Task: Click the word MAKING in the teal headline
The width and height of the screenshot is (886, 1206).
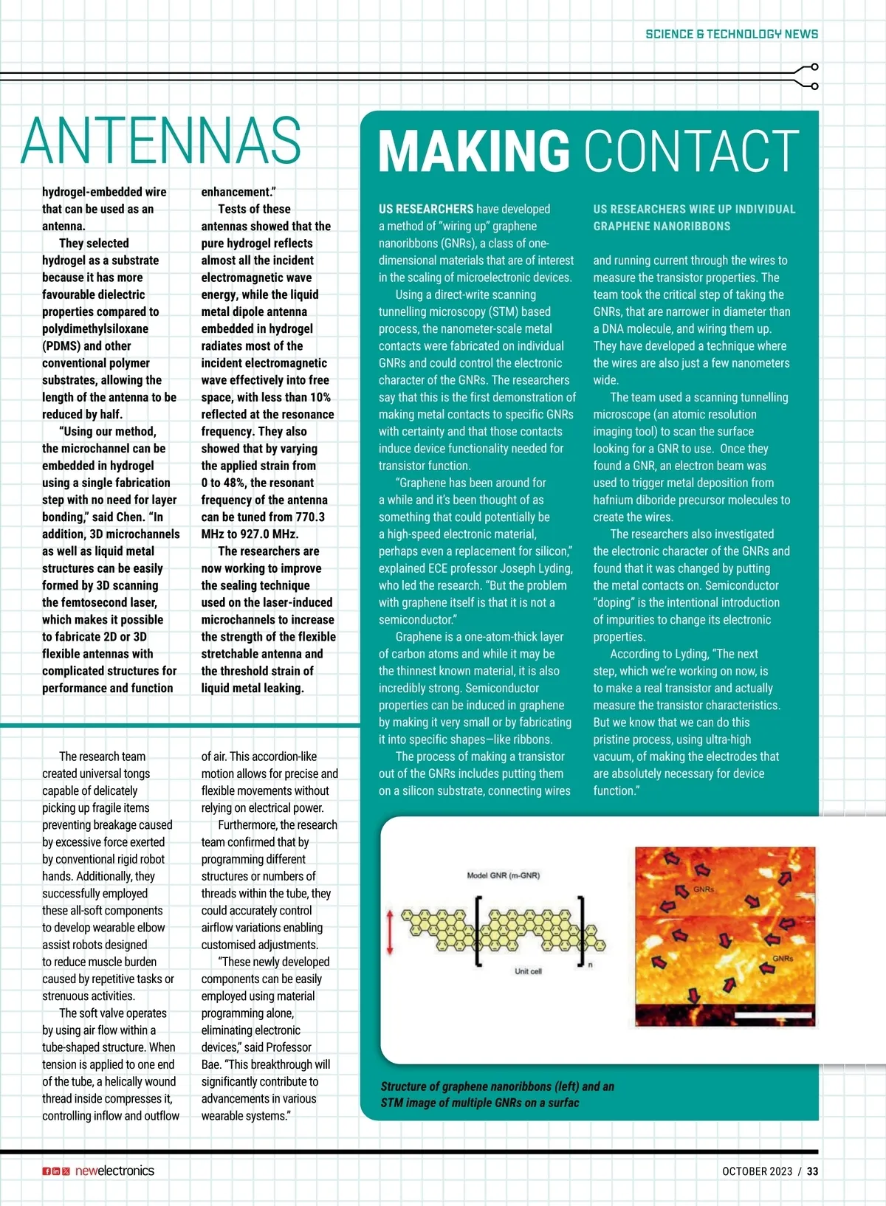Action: [473, 151]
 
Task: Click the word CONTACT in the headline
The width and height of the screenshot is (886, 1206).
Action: [692, 151]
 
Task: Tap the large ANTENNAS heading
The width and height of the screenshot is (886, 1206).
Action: [161, 140]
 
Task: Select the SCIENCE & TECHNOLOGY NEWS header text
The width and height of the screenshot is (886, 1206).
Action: [731, 34]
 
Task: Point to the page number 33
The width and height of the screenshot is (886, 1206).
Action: [812, 1171]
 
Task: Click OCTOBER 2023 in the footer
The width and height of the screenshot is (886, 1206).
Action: [757, 1171]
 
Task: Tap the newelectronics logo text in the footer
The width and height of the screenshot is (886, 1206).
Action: [114, 1171]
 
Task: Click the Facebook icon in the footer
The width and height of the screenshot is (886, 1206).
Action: [47, 1171]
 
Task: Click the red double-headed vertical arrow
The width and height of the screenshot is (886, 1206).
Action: [390, 933]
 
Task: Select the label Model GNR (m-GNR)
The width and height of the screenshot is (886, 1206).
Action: [503, 875]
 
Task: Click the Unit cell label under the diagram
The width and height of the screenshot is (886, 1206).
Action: [528, 971]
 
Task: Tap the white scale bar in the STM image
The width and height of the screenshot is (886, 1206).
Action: [772, 1016]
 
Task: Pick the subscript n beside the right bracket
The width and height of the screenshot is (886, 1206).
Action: [590, 965]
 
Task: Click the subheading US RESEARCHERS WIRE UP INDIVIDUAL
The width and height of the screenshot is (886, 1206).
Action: [694, 209]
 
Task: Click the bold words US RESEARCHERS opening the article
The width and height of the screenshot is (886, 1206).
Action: [426, 209]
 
